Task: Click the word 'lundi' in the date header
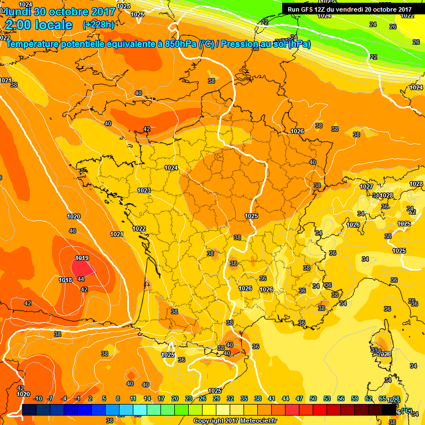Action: [x=17, y=12]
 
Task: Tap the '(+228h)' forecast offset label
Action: [x=98, y=24]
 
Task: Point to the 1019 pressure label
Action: [x=82, y=258]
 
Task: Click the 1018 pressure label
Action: [x=65, y=280]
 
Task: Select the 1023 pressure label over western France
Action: [x=144, y=190]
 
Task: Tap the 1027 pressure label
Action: [x=366, y=186]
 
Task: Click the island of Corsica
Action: [x=381, y=346]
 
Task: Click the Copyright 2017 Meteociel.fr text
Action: [x=235, y=421]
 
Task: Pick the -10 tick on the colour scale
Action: [x=38, y=398]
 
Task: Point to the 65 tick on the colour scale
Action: [x=382, y=398]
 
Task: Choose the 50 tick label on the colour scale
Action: [x=313, y=398]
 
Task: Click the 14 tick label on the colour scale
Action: [x=147, y=398]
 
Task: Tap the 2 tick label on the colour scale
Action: [x=90, y=398]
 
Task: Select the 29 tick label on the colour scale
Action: [x=216, y=398]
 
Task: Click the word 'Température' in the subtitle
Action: [x=34, y=44]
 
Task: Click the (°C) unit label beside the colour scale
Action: [x=407, y=411]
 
